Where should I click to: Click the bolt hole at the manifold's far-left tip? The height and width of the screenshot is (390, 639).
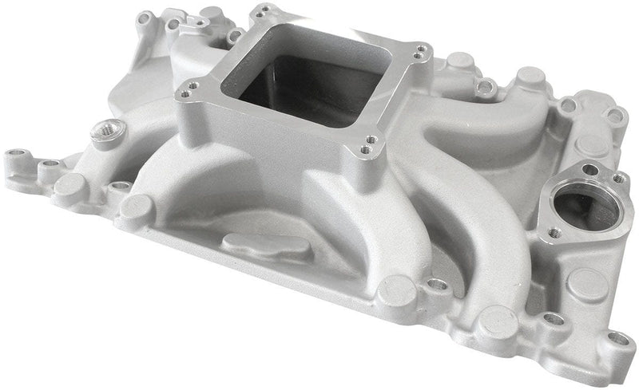(x=14, y=152)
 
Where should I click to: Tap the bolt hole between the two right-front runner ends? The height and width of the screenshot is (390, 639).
(x=436, y=285)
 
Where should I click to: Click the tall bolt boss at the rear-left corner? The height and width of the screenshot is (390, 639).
(x=145, y=18)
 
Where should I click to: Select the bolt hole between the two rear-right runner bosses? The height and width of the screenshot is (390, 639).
(x=485, y=85)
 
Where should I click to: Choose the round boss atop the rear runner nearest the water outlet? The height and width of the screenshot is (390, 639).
(x=530, y=77)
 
